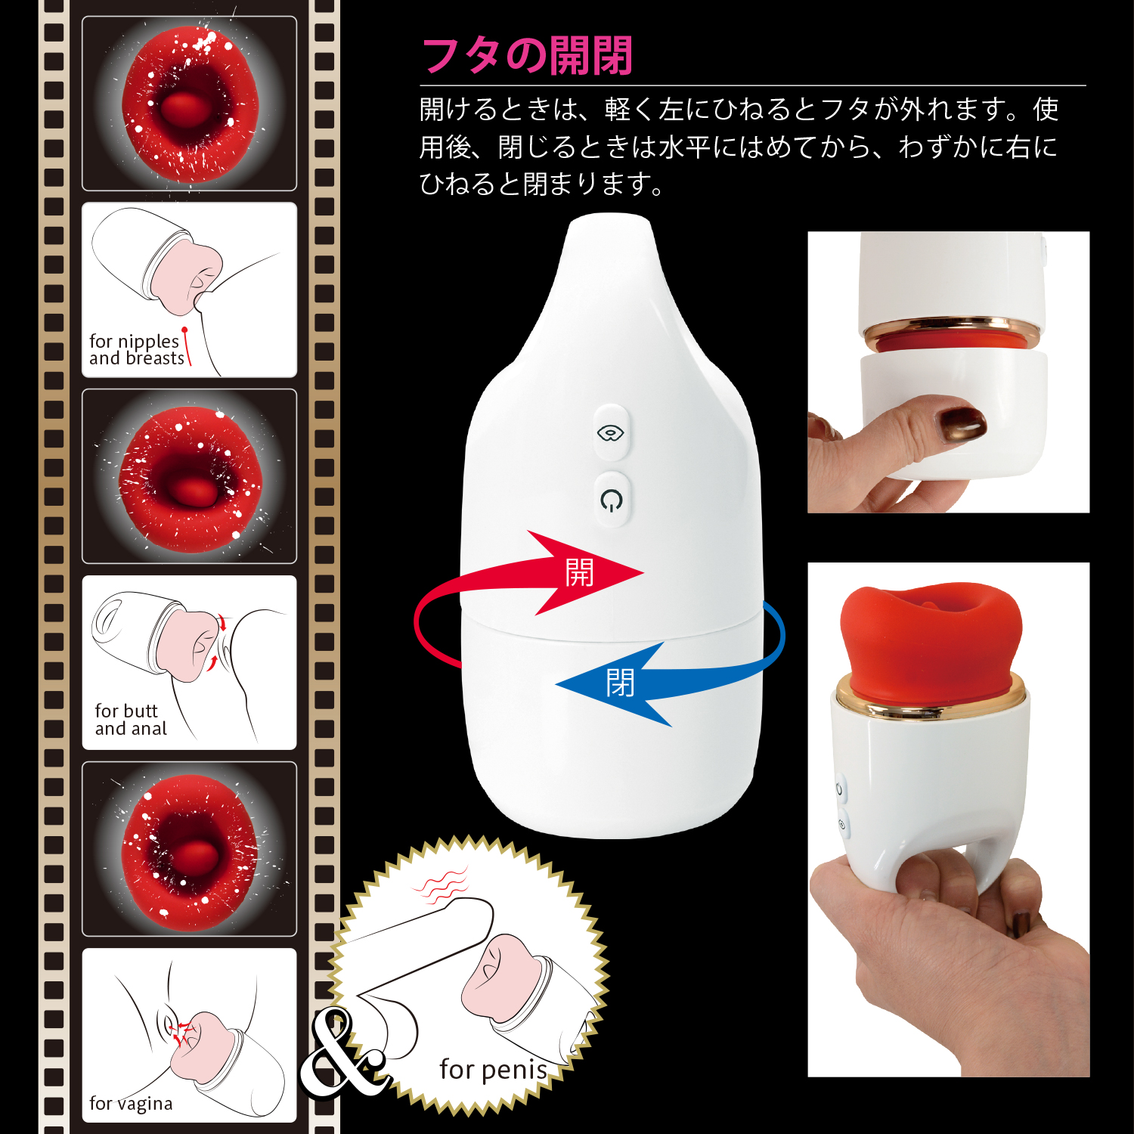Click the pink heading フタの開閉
click(x=526, y=56)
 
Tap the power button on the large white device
click(x=611, y=499)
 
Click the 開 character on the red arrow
click(x=579, y=572)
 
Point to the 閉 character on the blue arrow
click(x=620, y=683)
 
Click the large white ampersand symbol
click(x=344, y=1053)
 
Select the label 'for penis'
click(x=493, y=1070)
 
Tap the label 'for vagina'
click(x=131, y=1104)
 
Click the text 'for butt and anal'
click(x=131, y=720)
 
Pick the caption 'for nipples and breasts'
click(x=136, y=349)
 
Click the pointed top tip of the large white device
click(x=609, y=217)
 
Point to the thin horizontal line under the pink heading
click(x=753, y=85)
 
